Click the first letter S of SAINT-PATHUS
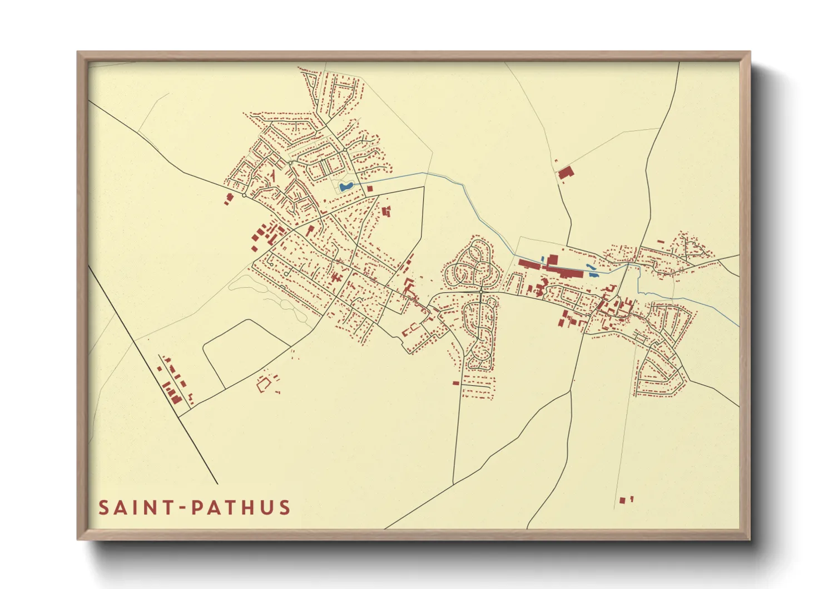104,508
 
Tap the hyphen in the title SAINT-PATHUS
182,508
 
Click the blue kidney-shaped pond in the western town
345,186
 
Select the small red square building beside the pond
370,189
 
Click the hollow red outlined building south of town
263,384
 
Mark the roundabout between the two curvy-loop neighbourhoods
481,291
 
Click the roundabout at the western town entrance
244,195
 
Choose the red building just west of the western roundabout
229,198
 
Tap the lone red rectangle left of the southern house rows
455,383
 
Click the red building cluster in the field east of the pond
386,212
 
